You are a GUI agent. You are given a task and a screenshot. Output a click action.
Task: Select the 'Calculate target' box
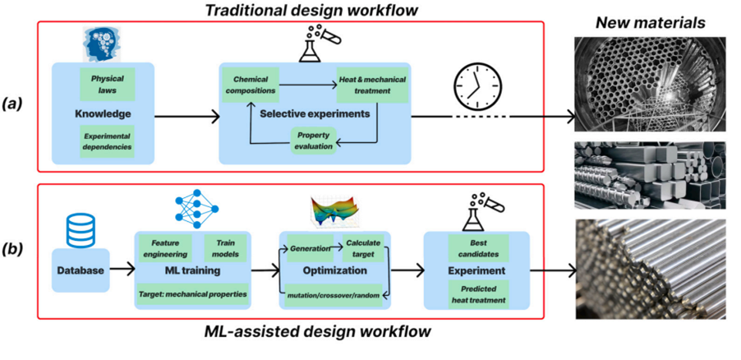[361, 248]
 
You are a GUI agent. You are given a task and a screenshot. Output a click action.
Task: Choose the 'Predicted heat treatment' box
[477, 293]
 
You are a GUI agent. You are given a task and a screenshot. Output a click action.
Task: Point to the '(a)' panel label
[19, 104]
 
